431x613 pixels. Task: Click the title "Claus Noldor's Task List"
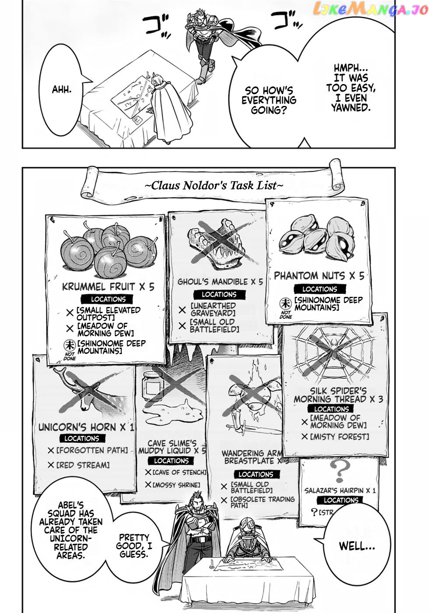(214, 186)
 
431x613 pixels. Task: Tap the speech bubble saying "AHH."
(62, 90)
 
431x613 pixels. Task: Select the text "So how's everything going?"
(269, 100)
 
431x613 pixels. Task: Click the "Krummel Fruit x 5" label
(108, 287)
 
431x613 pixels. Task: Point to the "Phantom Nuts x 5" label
(319, 276)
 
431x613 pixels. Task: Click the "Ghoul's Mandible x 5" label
(220, 282)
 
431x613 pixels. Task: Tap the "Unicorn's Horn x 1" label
(86, 427)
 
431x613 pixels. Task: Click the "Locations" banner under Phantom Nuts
(319, 289)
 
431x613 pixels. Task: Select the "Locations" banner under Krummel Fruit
(108, 299)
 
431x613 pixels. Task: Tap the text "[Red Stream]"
(83, 465)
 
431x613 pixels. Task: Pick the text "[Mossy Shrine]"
(176, 485)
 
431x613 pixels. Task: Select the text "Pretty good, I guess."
(134, 546)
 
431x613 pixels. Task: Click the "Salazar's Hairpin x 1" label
(340, 490)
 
